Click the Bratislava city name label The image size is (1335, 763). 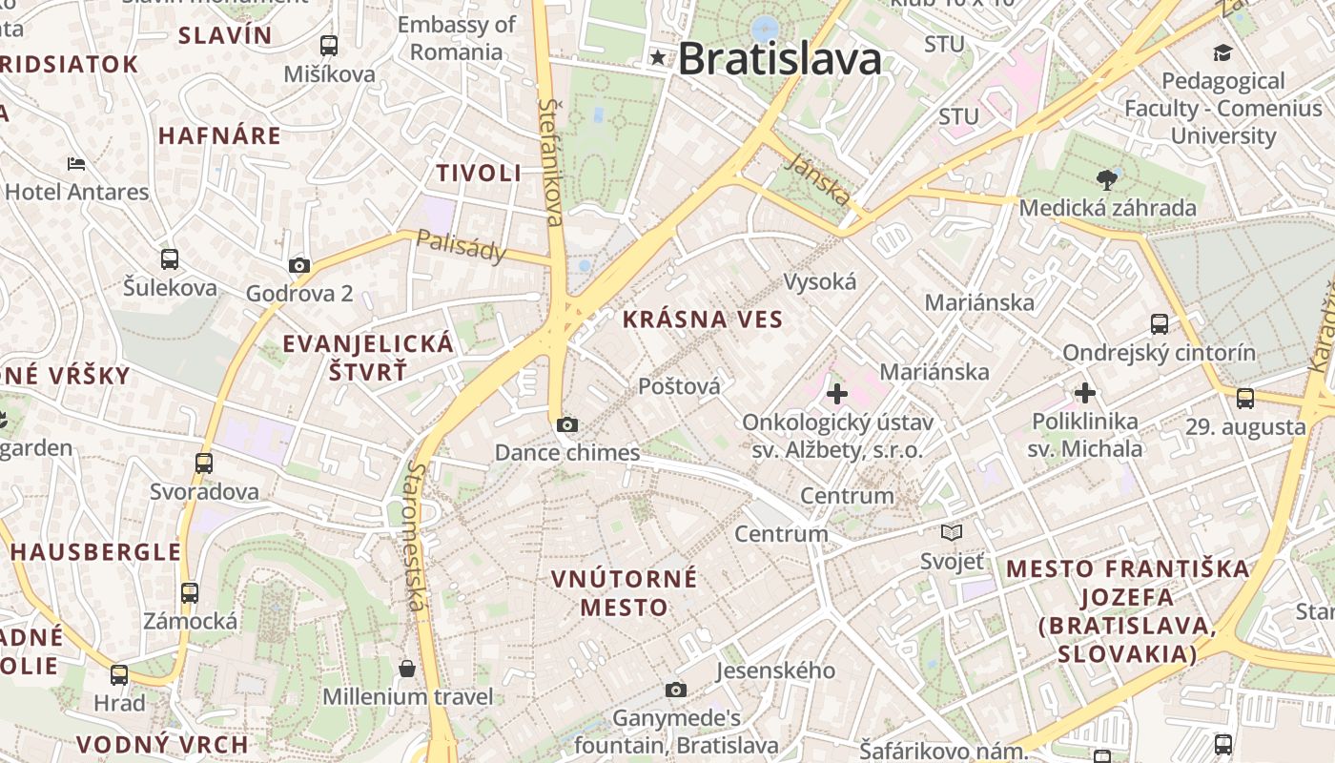[779, 59]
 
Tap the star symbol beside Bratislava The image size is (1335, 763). [658, 57]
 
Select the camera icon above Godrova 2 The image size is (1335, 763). [299, 266]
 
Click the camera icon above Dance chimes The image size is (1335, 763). [567, 424]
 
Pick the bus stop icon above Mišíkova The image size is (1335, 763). [329, 45]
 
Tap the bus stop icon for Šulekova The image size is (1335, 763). [170, 258]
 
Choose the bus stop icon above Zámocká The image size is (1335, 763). [190, 592]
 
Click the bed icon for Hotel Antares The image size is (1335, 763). [76, 164]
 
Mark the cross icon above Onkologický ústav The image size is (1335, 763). [836, 393]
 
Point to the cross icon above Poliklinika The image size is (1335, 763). [1084, 392]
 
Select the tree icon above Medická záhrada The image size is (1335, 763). [1107, 178]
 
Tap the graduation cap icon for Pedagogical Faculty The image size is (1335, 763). [1222, 52]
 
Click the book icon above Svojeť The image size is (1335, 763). [951, 532]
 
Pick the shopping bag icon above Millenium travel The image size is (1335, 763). [407, 668]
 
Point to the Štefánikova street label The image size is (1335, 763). [550, 162]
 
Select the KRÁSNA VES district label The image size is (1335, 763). [703, 320]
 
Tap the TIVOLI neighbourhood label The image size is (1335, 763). [479, 173]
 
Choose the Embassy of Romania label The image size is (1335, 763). [456, 38]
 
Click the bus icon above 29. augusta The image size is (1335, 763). [1245, 398]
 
